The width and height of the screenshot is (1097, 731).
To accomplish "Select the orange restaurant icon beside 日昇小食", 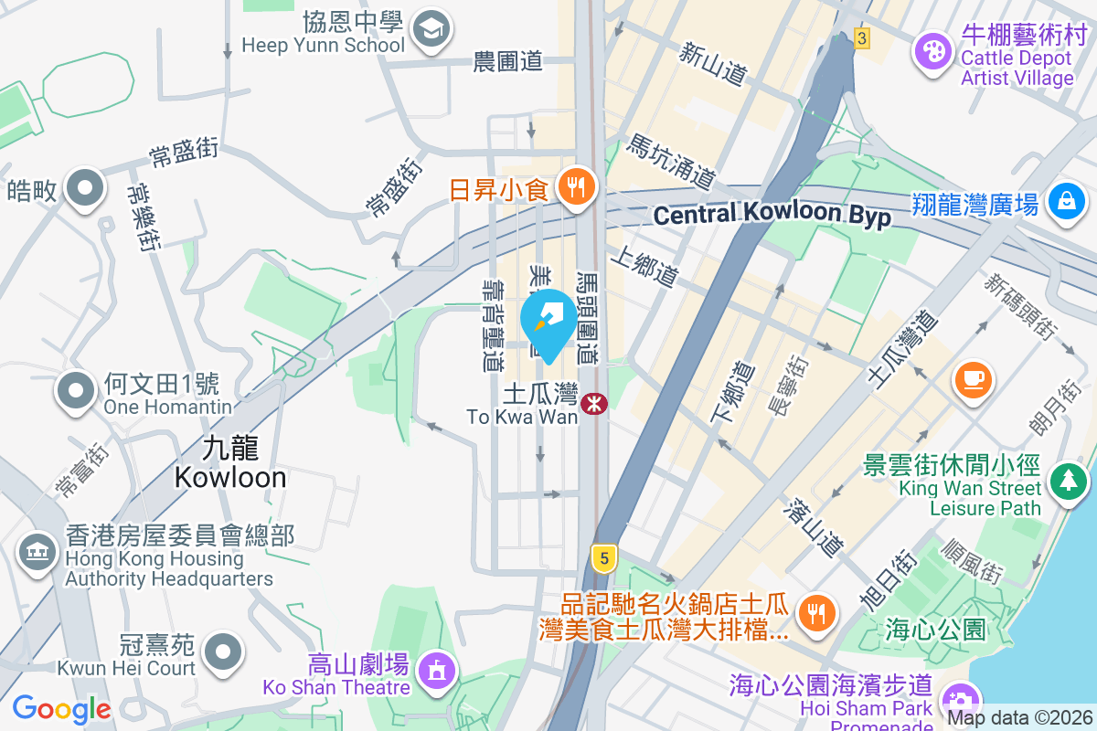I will click(x=576, y=189).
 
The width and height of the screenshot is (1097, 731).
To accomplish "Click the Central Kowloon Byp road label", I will click(x=772, y=216).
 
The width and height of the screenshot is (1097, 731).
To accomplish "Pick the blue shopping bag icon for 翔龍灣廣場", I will click(x=1067, y=200).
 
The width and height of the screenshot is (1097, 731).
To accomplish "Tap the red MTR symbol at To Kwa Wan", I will click(x=595, y=402).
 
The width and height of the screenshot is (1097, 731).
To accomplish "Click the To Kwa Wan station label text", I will click(x=522, y=407).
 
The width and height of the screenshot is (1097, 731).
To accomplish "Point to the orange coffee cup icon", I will click(x=974, y=377).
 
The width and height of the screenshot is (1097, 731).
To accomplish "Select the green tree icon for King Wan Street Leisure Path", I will click(x=1067, y=480).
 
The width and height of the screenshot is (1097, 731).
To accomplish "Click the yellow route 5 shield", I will click(x=602, y=557).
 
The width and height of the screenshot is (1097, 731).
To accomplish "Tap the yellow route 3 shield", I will click(x=860, y=38).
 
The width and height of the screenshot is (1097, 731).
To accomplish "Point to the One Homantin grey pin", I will click(x=77, y=390).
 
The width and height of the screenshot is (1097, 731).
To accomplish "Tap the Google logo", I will click(x=61, y=709).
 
